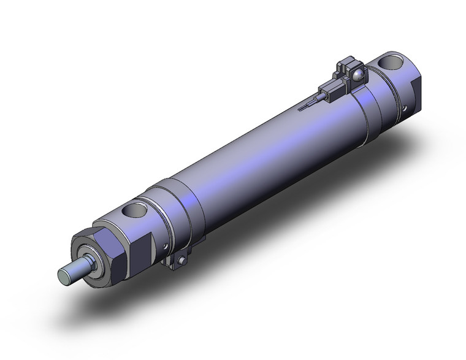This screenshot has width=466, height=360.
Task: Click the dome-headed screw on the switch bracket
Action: pos(359,75)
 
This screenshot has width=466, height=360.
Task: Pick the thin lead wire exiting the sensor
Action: pos(310,105)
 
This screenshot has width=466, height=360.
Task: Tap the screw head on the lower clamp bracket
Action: pos(181,263)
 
